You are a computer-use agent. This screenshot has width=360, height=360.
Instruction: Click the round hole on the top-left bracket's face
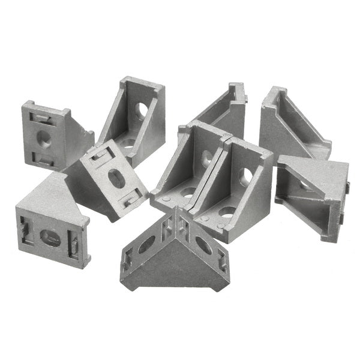[x=43, y=137]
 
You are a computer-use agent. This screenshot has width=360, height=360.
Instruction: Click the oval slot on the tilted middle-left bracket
[x=116, y=179]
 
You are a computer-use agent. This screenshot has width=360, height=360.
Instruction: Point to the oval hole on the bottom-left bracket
[x=49, y=238]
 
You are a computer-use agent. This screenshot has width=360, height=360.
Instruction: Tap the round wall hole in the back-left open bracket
[x=142, y=110]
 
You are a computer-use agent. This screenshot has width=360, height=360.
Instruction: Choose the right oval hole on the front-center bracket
[x=203, y=245]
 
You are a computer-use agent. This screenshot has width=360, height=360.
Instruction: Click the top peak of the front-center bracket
[x=178, y=211]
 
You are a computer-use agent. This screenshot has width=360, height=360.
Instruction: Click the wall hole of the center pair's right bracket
[x=246, y=176]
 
